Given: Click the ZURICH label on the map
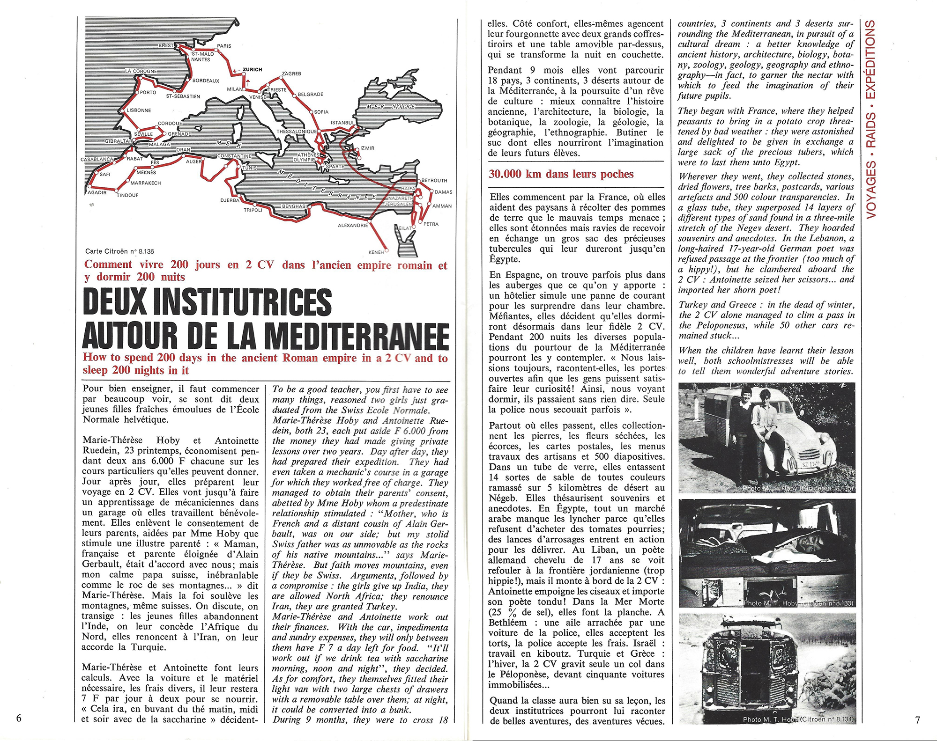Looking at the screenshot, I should click(252, 70).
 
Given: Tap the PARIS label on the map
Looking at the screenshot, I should click(224, 46).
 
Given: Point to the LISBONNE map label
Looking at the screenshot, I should click(139, 110).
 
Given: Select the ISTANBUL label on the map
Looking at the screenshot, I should click(342, 123).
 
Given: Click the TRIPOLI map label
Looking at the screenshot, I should click(253, 210).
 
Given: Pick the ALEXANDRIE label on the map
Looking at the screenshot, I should click(353, 225).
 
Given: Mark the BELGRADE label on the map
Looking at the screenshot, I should click(310, 94).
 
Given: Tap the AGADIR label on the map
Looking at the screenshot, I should click(97, 192).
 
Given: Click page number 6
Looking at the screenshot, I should click(18, 719).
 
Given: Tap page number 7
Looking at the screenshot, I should click(917, 720).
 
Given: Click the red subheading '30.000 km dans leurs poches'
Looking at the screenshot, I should click(561, 174).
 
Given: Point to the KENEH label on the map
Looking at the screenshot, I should click(376, 252).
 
